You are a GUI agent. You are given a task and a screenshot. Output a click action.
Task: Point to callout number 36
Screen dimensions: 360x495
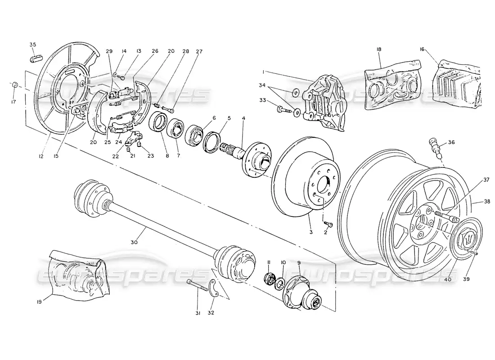[451, 143]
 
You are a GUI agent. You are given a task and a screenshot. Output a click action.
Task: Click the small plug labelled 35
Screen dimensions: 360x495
[35, 58]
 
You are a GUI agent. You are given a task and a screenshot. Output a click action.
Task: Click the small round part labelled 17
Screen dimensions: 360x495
[15, 85]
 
